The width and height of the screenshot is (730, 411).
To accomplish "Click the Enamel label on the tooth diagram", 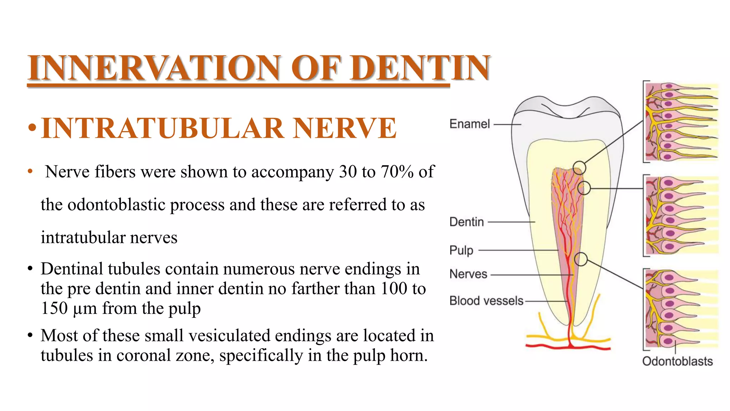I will [469, 124].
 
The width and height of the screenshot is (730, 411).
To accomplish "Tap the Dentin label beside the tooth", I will [467, 222].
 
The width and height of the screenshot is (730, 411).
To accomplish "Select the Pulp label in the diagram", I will [461, 250].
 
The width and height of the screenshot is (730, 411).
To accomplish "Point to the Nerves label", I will [468, 274].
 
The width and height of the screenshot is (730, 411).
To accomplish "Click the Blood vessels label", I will [486, 301].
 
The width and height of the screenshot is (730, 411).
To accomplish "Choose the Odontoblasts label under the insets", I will [677, 361].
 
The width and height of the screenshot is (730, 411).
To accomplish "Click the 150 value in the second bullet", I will [54, 308].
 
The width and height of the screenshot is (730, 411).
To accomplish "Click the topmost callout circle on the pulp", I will [579, 167].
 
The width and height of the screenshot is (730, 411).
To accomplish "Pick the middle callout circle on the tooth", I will [584, 188].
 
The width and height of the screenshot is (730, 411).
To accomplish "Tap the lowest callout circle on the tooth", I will [581, 259].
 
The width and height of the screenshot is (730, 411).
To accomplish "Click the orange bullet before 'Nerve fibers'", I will [30, 172].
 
